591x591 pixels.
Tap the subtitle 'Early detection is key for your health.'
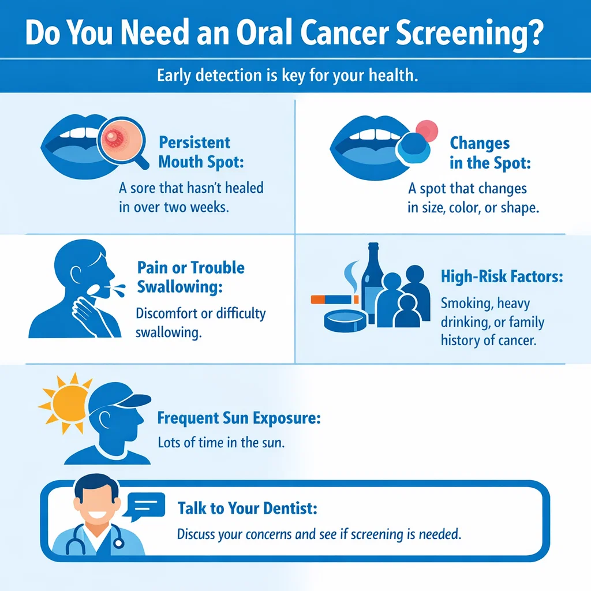(x=287, y=76)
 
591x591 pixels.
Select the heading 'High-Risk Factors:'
(x=502, y=276)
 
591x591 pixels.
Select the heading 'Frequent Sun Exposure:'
(x=238, y=418)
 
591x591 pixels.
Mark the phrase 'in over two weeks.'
(x=174, y=208)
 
